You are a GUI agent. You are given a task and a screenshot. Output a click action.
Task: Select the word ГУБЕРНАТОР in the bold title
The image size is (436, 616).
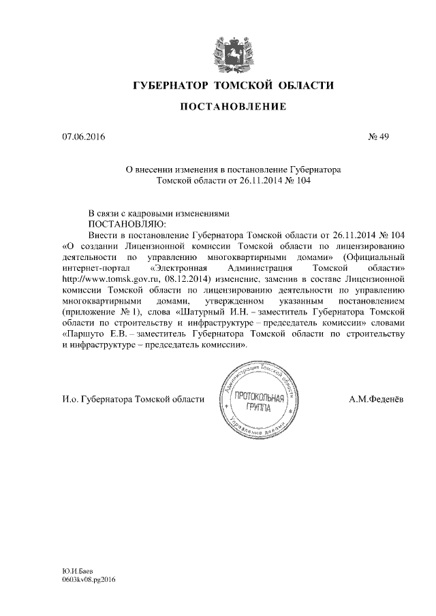click(169, 85)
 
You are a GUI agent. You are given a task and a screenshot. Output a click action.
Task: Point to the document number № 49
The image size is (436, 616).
click(378, 138)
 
